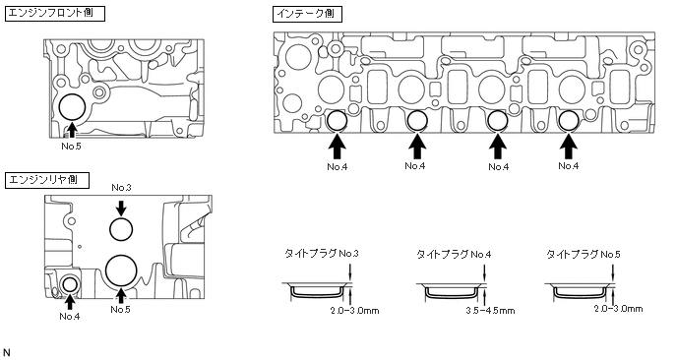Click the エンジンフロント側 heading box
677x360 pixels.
[x=55, y=14]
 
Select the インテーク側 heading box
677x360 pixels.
[x=307, y=14]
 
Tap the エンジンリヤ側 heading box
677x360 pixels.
[x=47, y=180]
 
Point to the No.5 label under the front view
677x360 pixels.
[x=71, y=147]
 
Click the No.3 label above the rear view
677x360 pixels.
[x=121, y=188]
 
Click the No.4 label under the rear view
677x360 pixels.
[x=70, y=317]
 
